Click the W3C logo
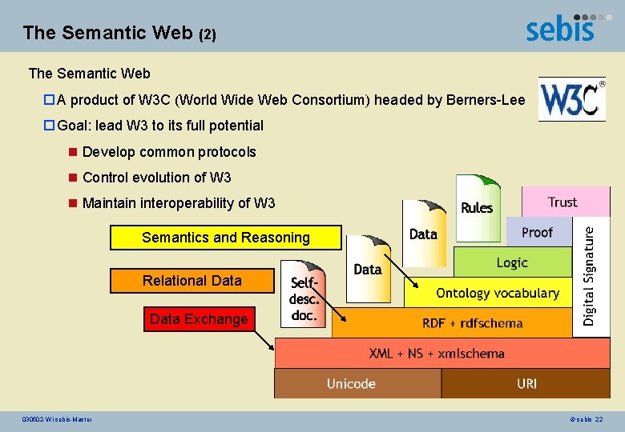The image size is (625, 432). coord(571,99)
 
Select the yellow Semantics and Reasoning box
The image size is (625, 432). coord(225,238)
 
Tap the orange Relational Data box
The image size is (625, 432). coord(192,281)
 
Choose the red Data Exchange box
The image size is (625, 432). coord(199,319)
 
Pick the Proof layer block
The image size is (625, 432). coord(537,232)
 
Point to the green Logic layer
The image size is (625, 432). coord(512,262)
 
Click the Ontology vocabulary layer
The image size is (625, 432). coord(497,293)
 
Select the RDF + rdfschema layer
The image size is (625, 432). coord(472,323)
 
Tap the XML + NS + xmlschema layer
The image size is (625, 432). coord(437,353)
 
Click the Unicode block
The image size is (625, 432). coord(351,384)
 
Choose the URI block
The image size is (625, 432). coord(526,384)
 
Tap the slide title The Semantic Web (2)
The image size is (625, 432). coord(119,33)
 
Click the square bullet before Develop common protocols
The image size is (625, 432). coord(73,152)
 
